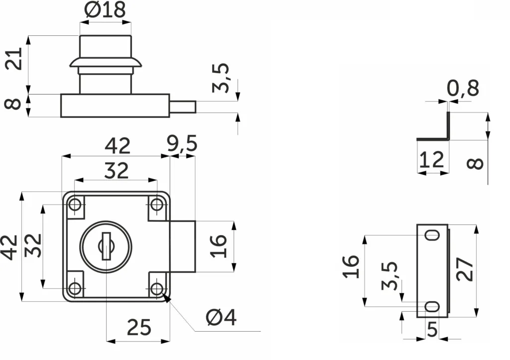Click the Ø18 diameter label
coord(105,10)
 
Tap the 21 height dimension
coord(14,59)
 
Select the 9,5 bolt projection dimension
coord(182,143)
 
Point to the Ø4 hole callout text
coord(221,317)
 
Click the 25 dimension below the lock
coord(139,327)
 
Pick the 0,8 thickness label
coord(463,88)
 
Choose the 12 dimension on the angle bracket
coord(432,159)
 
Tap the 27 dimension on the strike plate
coord(465,269)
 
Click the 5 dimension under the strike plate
coord(432,330)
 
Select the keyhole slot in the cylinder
coord(106,246)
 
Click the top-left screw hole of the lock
coord(75,205)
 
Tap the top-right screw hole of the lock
coord(157,205)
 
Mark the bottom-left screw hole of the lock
coord(75,288)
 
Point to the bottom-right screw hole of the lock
coord(157,288)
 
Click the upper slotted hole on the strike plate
coord(433,235)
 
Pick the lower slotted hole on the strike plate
coord(433,306)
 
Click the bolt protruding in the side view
coord(182,107)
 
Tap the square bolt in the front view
coord(182,246)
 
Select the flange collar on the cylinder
coord(106,63)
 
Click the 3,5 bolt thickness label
coord(221,78)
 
